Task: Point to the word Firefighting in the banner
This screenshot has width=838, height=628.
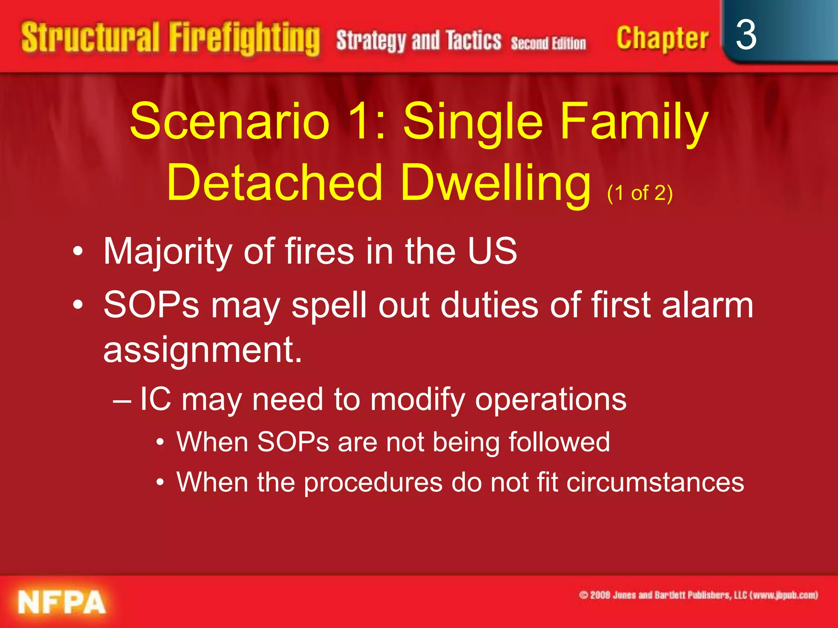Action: [x=244, y=38]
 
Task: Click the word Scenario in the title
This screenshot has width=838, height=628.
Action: [x=230, y=121]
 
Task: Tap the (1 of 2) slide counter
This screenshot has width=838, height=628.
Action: [x=640, y=193]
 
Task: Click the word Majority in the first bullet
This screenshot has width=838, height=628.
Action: [x=168, y=251]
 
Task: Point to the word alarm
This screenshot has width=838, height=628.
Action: [x=707, y=305]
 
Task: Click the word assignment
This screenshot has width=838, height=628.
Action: [x=203, y=350]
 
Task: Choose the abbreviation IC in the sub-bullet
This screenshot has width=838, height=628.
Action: [x=155, y=399]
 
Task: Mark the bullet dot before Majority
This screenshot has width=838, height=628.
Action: [x=78, y=251]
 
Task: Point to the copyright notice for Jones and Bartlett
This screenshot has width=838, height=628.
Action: [x=698, y=595]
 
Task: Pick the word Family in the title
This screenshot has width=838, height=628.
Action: [x=634, y=121]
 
